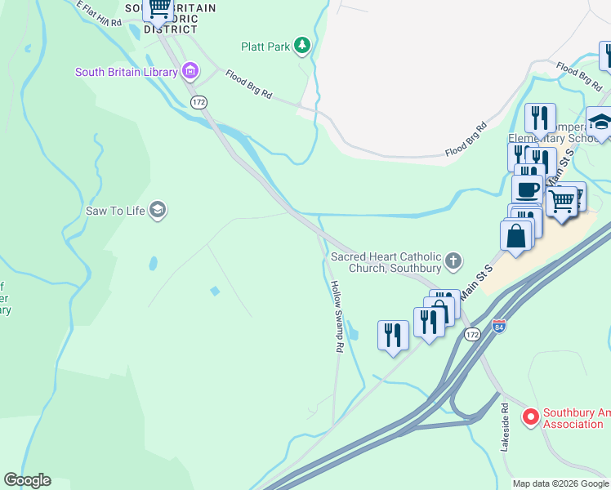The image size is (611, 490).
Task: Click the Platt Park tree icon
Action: point(303,46)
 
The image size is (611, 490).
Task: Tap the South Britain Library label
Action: point(126,72)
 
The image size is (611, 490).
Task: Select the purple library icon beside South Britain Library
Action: point(190,72)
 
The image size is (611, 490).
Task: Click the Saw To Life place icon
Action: point(158,211)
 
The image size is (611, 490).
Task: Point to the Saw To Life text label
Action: point(115,211)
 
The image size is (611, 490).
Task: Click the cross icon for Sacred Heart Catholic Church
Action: point(453,261)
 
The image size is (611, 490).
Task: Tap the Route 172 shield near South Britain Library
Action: point(198,102)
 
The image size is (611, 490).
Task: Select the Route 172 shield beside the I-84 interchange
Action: point(471,335)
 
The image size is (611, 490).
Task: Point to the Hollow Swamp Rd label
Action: point(336,316)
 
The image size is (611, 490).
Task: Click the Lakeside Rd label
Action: point(505,426)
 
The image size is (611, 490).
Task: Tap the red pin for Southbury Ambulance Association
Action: point(530,417)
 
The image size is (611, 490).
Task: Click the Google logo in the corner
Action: point(27,480)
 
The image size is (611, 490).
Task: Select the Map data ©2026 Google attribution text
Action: point(560,483)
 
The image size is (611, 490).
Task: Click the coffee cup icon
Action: point(528,189)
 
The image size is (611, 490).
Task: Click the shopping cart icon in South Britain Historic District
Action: point(158,8)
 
